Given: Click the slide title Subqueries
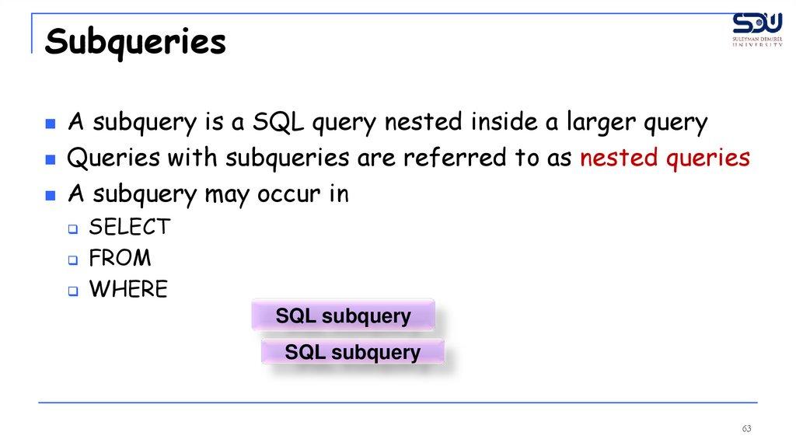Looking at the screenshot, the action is click(135, 43).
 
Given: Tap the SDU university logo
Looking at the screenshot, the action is click(757, 30).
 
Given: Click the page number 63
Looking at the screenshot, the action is click(746, 429).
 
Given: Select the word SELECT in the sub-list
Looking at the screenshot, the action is click(130, 227).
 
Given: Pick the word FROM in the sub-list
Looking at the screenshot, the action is click(120, 258).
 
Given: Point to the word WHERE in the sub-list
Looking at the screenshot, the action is click(128, 289).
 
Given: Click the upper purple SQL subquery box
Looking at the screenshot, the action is click(343, 315).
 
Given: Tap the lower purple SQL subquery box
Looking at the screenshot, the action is click(353, 352).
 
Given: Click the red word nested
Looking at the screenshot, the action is click(619, 158).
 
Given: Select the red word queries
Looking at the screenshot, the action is click(707, 159).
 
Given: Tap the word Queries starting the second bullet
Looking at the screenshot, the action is click(113, 158).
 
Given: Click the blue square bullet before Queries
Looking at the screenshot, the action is click(51, 160).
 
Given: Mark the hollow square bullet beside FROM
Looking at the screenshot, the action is click(74, 260).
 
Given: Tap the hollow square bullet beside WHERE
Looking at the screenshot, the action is click(74, 291).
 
